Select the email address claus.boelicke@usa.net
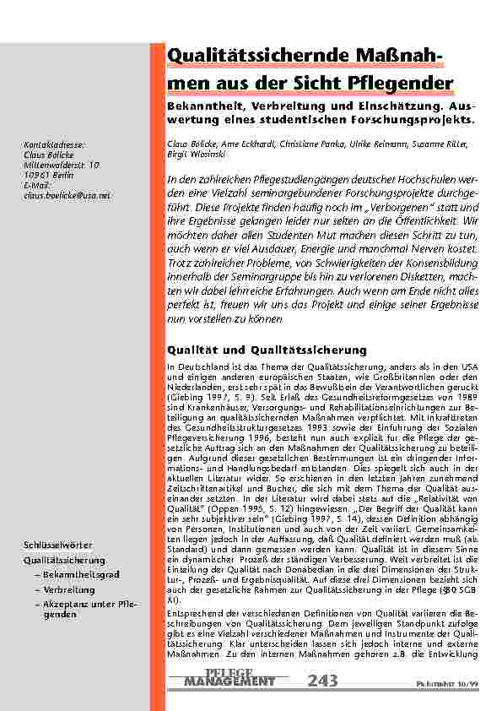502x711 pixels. coord(67,195)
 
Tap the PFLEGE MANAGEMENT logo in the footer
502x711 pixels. coord(229,677)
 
